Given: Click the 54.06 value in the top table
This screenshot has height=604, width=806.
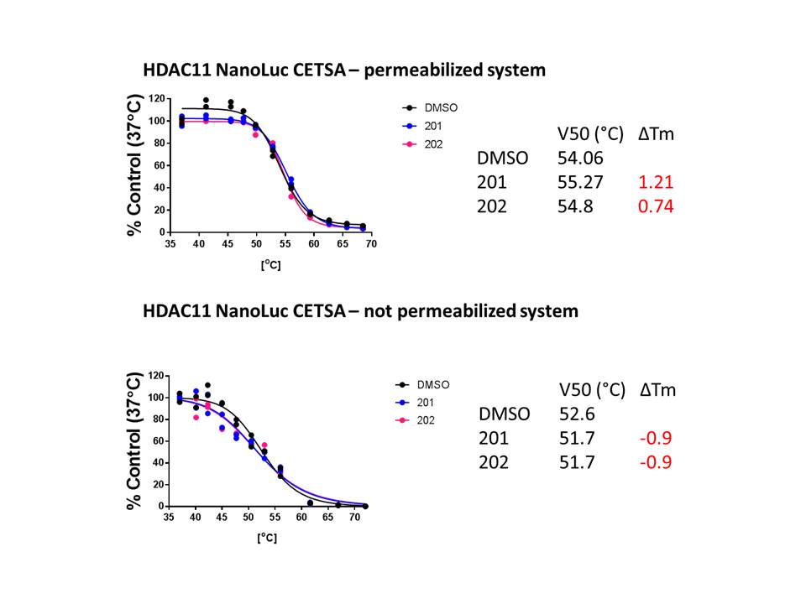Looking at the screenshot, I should pos(578,157).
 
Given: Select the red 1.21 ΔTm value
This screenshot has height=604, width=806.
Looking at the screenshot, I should pos(656,181).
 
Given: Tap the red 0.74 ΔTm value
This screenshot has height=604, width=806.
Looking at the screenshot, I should pos(656,206).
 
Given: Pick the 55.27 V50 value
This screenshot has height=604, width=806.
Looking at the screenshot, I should pos(578,181).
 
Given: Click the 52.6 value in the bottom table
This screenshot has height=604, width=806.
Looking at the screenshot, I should pos(577,414).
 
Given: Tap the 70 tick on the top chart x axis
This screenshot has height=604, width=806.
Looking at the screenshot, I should pos(370,243).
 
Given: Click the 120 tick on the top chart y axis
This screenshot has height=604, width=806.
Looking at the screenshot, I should pos(157,99).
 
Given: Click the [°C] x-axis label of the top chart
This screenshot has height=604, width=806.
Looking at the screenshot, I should pos(270,265).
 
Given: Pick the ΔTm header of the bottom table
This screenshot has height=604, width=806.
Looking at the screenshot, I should pos(657,389).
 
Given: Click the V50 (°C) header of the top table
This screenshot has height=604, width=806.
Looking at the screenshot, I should pos(591,133).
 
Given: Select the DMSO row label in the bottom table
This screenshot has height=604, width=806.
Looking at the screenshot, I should pos(505,414).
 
